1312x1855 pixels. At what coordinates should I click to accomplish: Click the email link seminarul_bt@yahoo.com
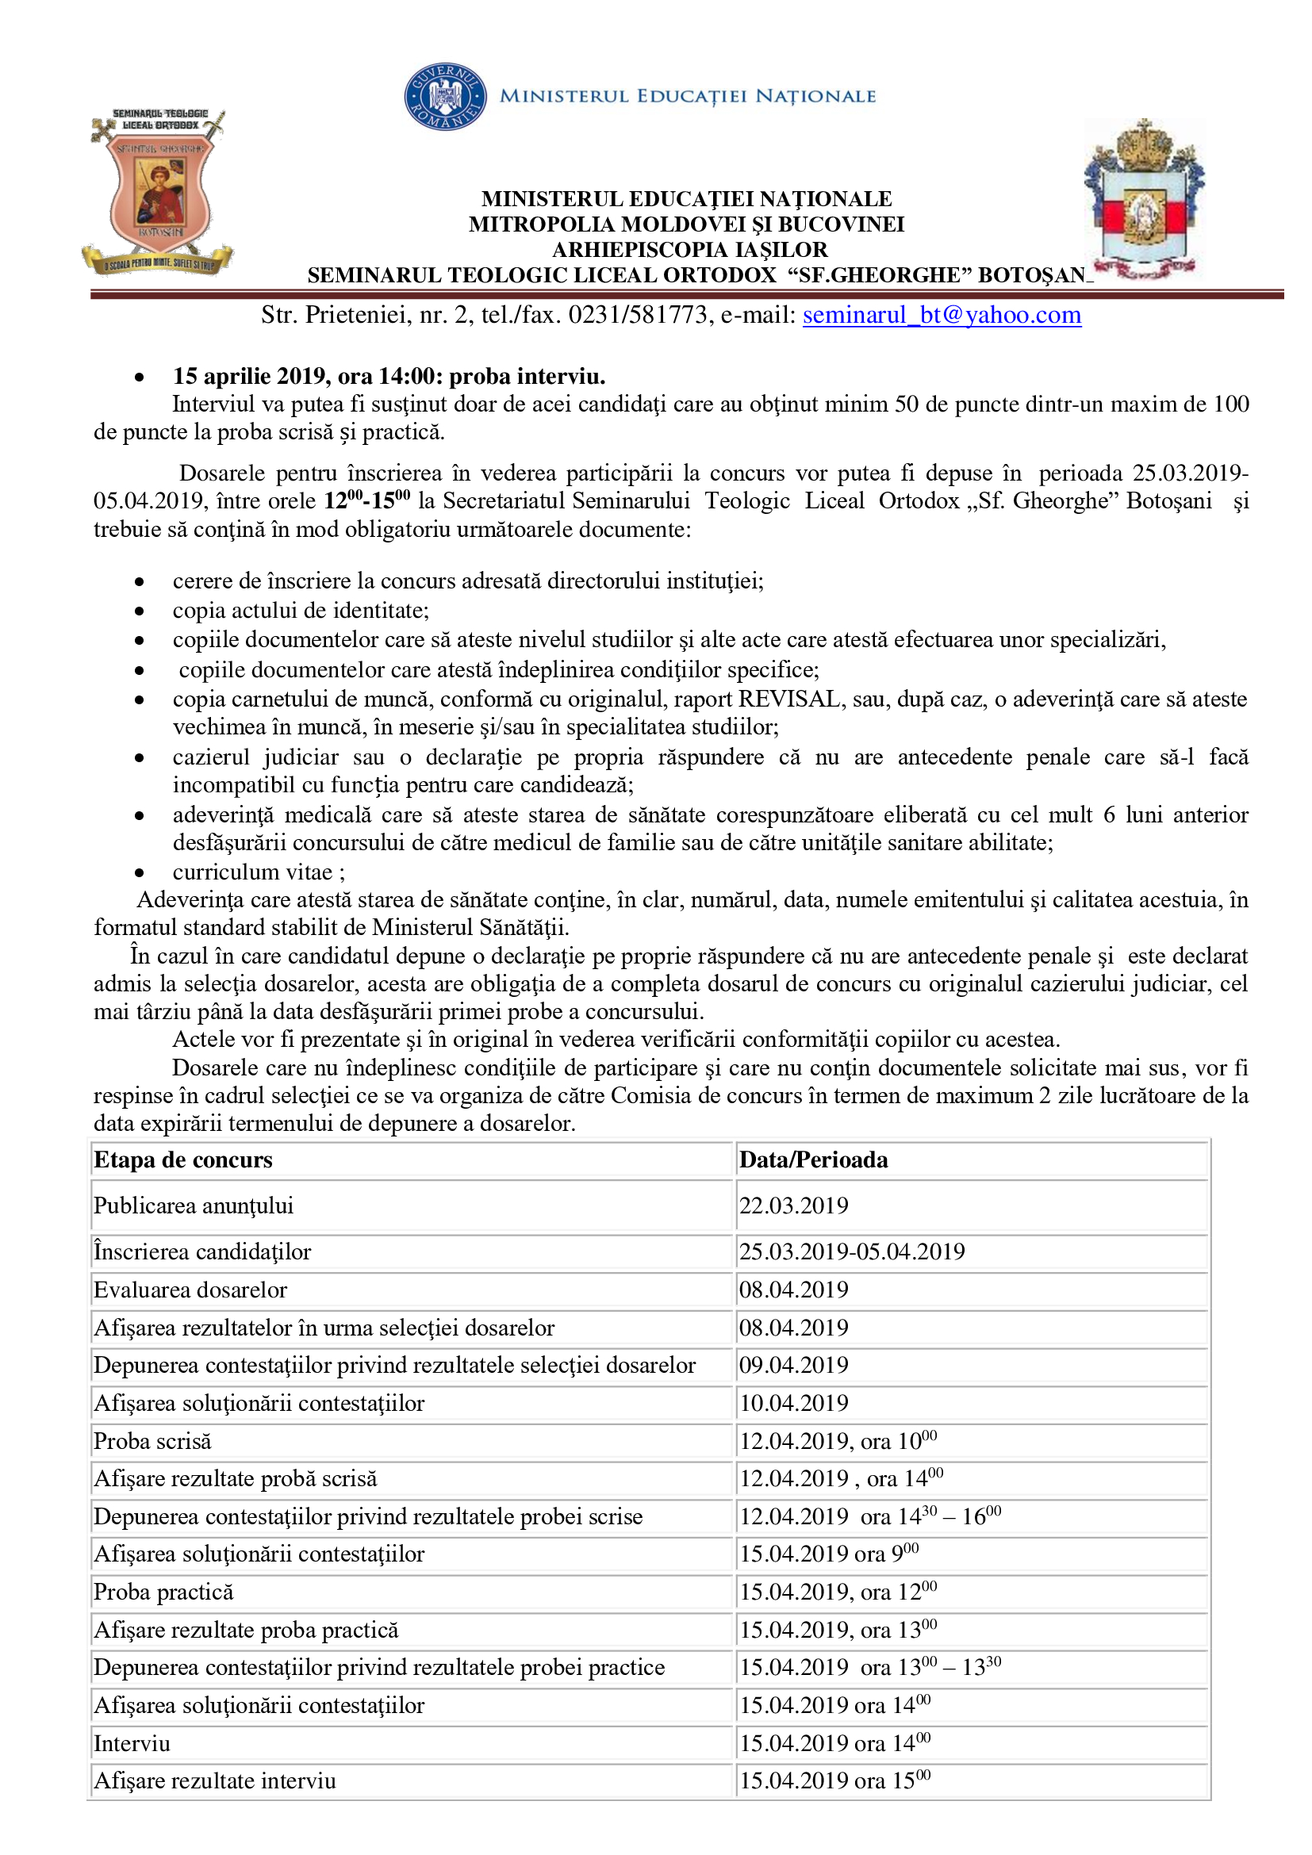pos(942,315)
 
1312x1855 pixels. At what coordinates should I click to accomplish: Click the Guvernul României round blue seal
pos(445,97)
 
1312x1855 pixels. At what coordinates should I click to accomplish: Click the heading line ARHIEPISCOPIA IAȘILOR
pos(689,250)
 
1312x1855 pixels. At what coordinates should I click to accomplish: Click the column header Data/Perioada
pos(813,1160)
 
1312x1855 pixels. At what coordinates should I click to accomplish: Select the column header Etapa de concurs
pos(183,1160)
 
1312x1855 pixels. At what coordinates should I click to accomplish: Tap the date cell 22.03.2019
pos(793,1205)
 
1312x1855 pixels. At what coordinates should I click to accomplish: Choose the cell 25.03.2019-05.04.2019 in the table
pos(851,1251)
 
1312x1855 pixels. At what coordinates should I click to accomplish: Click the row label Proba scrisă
pos(152,1441)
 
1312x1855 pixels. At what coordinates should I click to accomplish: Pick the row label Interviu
pos(132,1743)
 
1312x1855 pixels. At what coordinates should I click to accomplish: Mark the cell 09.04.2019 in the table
pos(793,1365)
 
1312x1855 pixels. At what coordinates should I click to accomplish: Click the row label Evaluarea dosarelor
pos(190,1290)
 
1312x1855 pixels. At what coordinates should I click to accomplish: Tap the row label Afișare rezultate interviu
pos(215,1780)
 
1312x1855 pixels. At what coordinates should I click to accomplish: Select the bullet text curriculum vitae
pos(253,872)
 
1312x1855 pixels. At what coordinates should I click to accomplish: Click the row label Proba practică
pos(164,1592)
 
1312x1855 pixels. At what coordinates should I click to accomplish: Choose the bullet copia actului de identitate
pos(301,610)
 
